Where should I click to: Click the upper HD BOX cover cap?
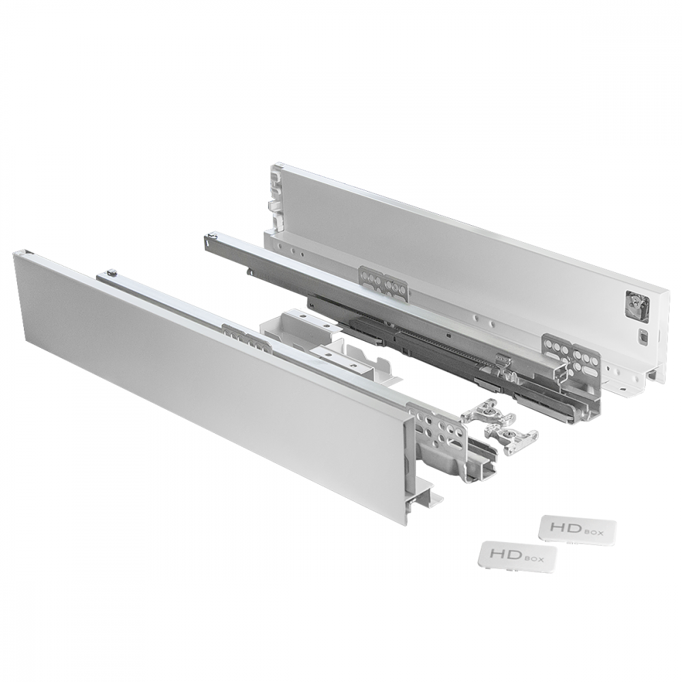[578, 529]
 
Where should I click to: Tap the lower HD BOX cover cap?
[518, 555]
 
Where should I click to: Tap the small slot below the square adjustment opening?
[643, 335]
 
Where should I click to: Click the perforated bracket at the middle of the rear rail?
[383, 283]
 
